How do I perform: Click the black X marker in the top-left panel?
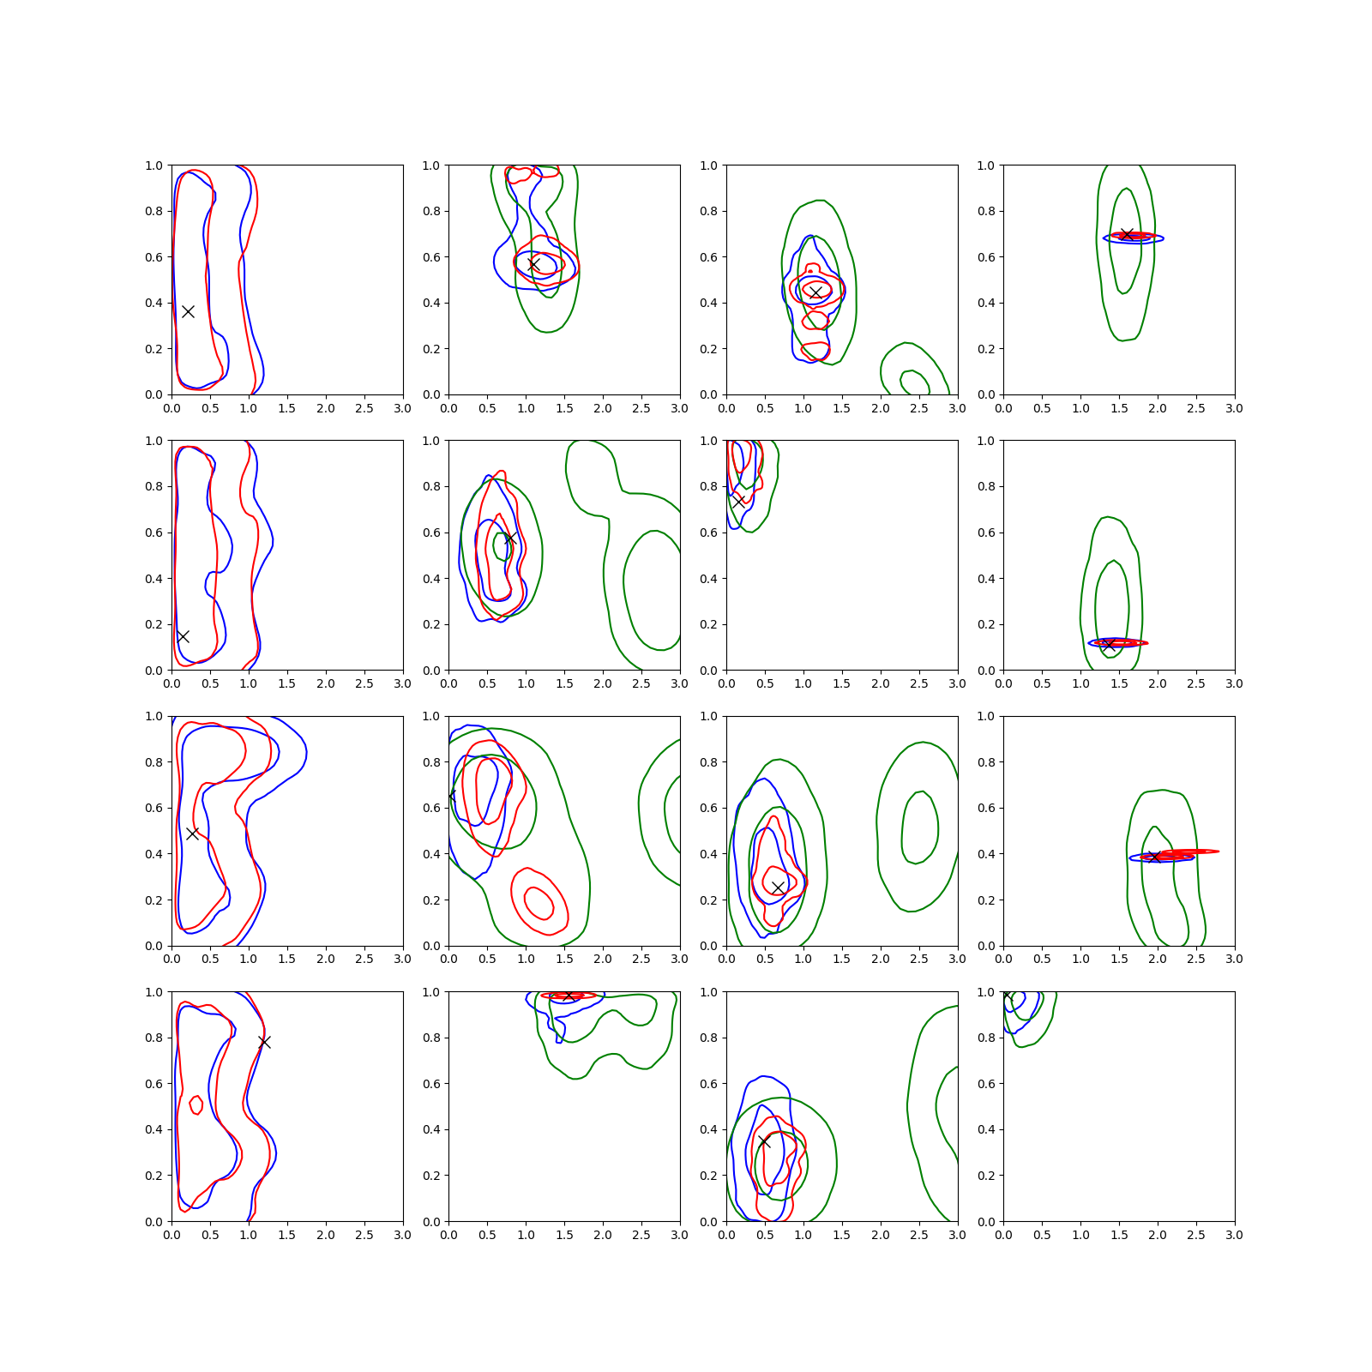pos(188,311)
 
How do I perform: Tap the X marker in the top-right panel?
pos(1127,234)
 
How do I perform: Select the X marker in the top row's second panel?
pos(533,265)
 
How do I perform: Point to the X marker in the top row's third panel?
pos(815,292)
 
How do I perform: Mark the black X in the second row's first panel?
pos(183,636)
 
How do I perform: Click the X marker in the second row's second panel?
pos(510,539)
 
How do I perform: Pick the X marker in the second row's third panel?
pos(737,501)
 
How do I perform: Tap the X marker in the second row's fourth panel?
pos(1110,645)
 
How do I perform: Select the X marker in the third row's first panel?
pos(193,833)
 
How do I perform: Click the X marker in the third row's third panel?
pos(778,888)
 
